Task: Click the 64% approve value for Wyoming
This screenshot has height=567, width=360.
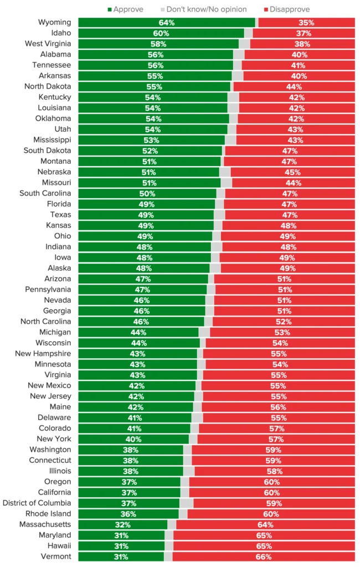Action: pyautogui.click(x=166, y=23)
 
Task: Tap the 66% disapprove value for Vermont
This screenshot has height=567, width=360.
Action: pyautogui.click(x=264, y=556)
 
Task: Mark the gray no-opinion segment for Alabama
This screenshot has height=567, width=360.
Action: pyautogui.click(x=239, y=55)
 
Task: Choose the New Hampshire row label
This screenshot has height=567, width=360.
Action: pyautogui.click(x=43, y=353)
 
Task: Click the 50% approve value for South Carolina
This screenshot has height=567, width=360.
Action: pyautogui.click(x=147, y=193)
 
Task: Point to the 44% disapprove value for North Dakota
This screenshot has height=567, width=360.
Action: pyautogui.click(x=294, y=87)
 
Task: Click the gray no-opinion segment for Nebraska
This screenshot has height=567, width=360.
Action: pyautogui.click(x=225, y=172)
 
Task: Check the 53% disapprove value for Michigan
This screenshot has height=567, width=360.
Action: pyautogui.click(x=282, y=332)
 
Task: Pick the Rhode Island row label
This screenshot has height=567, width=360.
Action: pyautogui.click(x=47, y=513)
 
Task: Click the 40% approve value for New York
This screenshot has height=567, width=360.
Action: pyautogui.click(x=133, y=439)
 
